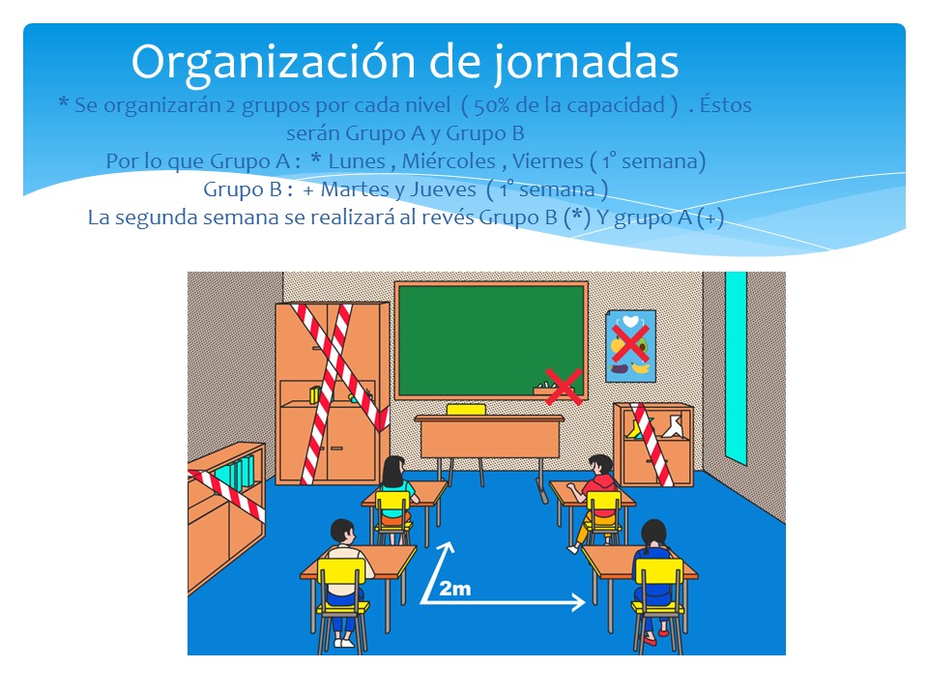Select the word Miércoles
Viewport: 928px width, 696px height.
pyautogui.click(x=449, y=161)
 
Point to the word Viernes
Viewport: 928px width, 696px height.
pyautogui.click(x=547, y=161)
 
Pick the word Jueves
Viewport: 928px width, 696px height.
pyautogui.click(x=444, y=190)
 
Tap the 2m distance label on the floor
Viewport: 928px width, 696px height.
pyautogui.click(x=455, y=589)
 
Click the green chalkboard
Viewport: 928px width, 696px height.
pyautogui.click(x=491, y=340)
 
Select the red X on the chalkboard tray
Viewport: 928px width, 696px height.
pyautogui.click(x=563, y=387)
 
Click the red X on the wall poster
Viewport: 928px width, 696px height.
pyautogui.click(x=629, y=343)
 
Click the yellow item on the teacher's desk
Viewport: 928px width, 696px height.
pyautogui.click(x=466, y=410)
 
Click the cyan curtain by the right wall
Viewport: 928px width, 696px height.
pyautogui.click(x=737, y=367)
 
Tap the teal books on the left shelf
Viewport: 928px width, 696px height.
pyautogui.click(x=235, y=475)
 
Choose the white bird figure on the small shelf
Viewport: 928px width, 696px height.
pyautogui.click(x=673, y=426)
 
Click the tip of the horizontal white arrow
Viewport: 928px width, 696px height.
pyautogui.click(x=586, y=602)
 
